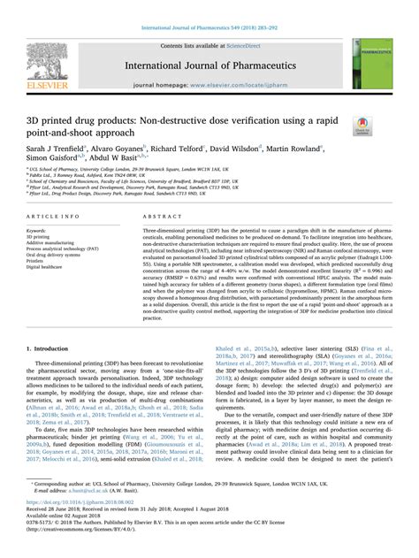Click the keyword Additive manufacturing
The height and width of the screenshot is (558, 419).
point(56,244)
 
